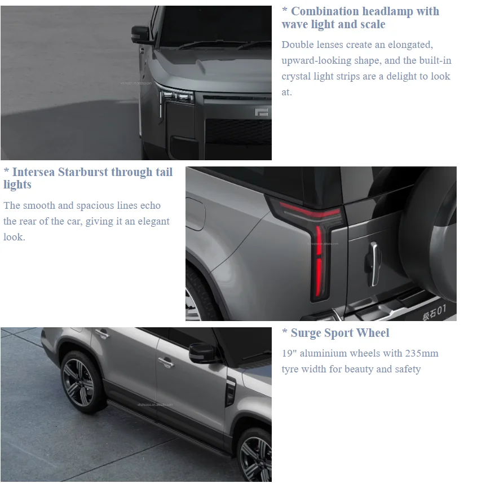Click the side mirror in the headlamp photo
pyautogui.click(x=141, y=34)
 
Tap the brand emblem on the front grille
pyautogui.click(x=261, y=112)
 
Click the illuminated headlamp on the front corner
pyautogui.click(x=176, y=95)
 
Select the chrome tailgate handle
pyautogui.click(x=374, y=264)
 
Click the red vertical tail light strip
pyautogui.click(x=319, y=261)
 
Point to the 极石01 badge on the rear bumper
pyautogui.click(x=434, y=312)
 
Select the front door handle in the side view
pyautogui.click(x=166, y=362)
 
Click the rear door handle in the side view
pyautogui.click(x=102, y=334)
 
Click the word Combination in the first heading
pyautogui.click(x=325, y=11)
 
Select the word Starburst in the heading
pyautogui.click(x=83, y=172)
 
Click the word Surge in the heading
pyautogui.click(x=306, y=333)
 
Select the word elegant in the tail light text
pyautogui.click(x=153, y=222)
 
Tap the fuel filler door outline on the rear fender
pyautogui.click(x=196, y=214)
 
